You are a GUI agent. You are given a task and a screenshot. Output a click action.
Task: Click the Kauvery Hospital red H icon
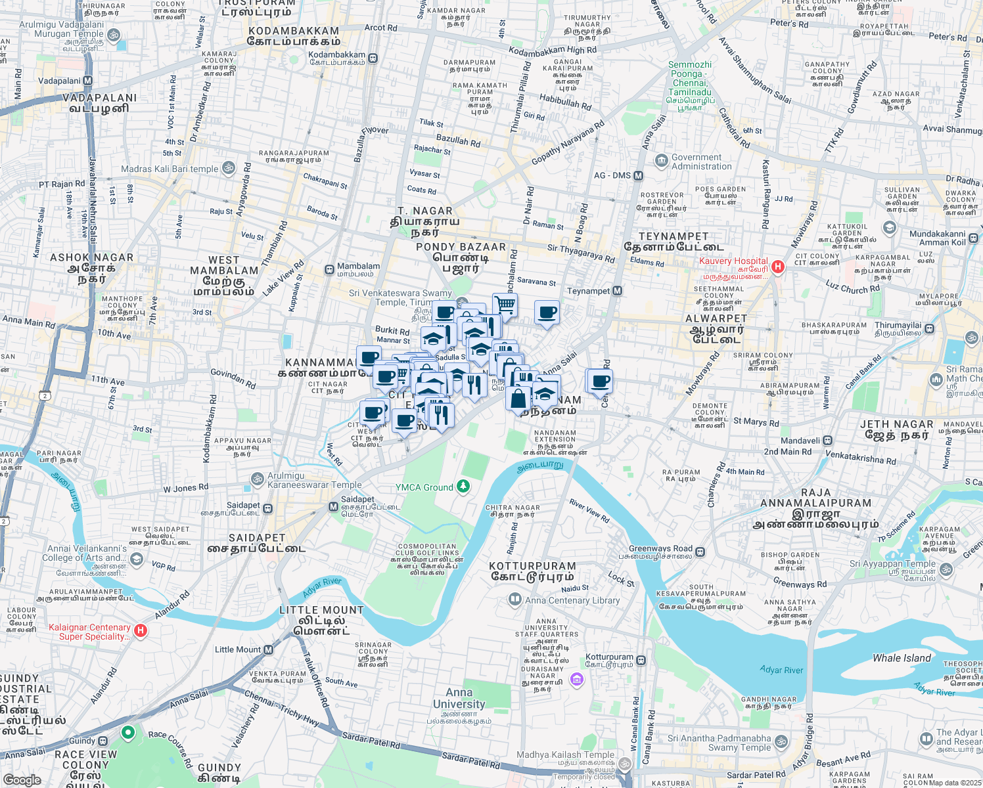778,267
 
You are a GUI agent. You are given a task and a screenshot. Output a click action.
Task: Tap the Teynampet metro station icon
617,291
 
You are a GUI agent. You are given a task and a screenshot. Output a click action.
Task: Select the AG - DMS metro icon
638,176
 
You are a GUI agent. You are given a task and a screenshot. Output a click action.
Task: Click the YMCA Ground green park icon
463,487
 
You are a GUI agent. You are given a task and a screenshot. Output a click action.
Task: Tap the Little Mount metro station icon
269,649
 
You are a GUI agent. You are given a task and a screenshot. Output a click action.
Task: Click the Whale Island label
902,658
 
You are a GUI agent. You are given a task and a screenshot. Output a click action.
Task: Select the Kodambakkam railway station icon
373,58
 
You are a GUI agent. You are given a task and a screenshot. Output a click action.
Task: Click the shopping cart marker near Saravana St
505,305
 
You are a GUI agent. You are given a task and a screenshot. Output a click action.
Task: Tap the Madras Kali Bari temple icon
228,168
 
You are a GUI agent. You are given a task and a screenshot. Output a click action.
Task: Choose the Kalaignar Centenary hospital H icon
140,631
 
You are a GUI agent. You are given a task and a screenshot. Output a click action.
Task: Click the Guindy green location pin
128,732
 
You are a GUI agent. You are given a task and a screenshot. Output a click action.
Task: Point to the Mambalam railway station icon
329,270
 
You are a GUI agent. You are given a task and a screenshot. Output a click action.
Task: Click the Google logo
22,779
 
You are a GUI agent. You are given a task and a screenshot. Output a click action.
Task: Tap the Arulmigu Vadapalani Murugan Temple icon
113,34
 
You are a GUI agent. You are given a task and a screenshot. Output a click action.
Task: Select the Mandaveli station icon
828,441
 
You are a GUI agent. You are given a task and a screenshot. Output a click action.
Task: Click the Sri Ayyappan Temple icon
946,569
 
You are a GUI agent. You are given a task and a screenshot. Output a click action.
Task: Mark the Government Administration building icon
660,160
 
